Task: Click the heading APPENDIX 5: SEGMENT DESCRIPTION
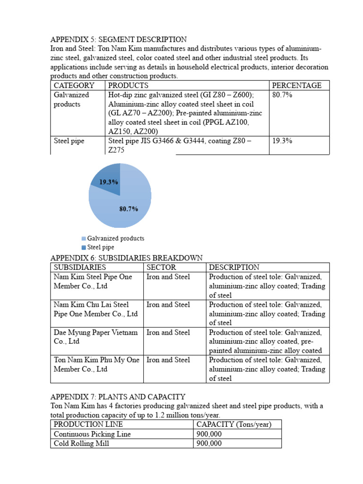119,40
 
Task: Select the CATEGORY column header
74,86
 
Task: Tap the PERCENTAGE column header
297,86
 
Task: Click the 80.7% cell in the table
283,95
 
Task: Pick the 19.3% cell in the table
283,141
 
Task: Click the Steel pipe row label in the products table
69,141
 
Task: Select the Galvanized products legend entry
115,239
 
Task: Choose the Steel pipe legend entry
100,247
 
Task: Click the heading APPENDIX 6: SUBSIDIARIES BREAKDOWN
126,258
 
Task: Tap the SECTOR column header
161,268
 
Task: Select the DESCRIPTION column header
234,268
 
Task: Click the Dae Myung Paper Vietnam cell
95,337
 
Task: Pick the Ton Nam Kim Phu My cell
96,364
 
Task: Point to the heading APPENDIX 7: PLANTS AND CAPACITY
118,397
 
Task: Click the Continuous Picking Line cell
92,434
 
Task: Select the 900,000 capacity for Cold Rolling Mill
209,443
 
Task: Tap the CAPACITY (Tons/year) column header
234,424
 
